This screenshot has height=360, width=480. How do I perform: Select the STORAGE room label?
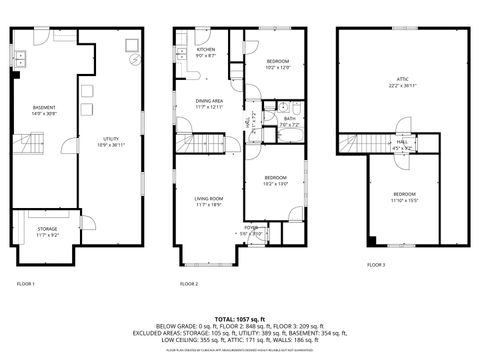(x=46, y=231)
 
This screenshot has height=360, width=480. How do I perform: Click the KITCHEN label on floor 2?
(x=205, y=51)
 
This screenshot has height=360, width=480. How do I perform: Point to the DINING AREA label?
(x=208, y=103)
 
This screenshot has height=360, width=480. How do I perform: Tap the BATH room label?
(x=289, y=120)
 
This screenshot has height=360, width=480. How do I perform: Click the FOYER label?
(x=249, y=229)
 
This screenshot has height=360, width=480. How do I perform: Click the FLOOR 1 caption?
(x=25, y=284)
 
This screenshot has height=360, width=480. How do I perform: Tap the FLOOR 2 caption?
(x=189, y=284)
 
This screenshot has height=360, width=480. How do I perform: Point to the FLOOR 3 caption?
(x=375, y=265)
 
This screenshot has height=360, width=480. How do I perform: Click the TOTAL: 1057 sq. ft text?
(x=240, y=316)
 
